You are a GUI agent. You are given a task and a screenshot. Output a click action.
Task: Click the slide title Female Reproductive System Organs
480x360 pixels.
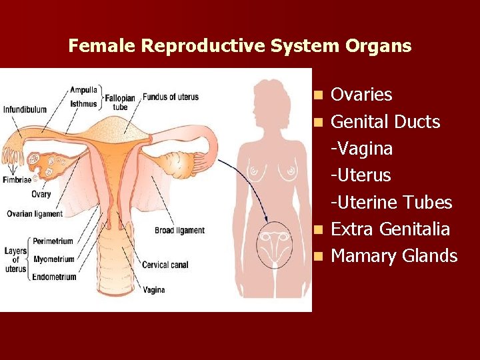[240, 46]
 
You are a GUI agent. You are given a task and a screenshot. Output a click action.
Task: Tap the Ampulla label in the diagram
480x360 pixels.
[84, 89]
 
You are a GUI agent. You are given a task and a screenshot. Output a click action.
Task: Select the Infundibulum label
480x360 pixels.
[25, 109]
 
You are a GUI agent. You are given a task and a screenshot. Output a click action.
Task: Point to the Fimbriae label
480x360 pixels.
[16, 180]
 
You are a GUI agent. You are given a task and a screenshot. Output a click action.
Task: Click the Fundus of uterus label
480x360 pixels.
[171, 97]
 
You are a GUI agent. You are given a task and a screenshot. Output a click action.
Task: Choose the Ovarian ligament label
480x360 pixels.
[34, 214]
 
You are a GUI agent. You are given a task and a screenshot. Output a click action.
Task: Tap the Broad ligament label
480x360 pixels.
[179, 231]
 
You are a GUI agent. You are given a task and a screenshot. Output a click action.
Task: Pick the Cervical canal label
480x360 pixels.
[166, 265]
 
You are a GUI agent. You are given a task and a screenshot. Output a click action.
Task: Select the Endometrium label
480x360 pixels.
[54, 277]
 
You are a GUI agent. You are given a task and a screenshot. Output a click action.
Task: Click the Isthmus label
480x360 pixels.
[83, 103]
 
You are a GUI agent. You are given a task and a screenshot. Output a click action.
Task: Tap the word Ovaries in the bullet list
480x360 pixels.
[361, 95]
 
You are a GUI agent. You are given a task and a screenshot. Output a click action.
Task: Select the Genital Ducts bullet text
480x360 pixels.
[385, 122]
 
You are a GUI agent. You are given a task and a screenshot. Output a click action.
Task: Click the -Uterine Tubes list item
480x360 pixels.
[391, 203]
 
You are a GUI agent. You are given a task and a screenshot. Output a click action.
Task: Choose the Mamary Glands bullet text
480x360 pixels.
[394, 256]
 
